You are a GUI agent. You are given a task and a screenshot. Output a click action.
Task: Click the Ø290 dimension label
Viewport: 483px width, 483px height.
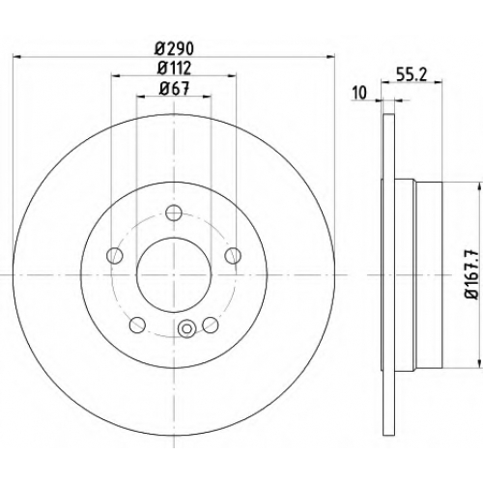coord(174,49)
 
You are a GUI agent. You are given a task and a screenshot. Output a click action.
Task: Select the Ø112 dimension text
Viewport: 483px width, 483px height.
coord(174,68)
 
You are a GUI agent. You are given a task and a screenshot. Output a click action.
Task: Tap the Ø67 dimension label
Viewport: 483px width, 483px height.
coord(174,88)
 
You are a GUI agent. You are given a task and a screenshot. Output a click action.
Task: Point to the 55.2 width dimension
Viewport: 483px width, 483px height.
coord(412,75)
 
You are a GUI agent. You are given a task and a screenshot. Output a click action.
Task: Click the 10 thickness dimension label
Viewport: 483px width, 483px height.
coord(359,93)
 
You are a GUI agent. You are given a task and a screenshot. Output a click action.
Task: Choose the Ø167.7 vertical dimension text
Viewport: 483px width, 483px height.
coord(471,274)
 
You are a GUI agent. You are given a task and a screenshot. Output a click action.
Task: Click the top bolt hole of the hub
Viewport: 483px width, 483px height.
coord(174,213)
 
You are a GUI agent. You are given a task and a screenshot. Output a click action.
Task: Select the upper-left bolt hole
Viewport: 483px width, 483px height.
coord(115,256)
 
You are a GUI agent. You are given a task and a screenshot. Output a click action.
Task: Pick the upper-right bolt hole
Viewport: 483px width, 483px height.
coord(233,256)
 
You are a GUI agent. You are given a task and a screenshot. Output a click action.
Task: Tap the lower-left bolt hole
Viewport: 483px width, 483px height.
coord(137,325)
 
